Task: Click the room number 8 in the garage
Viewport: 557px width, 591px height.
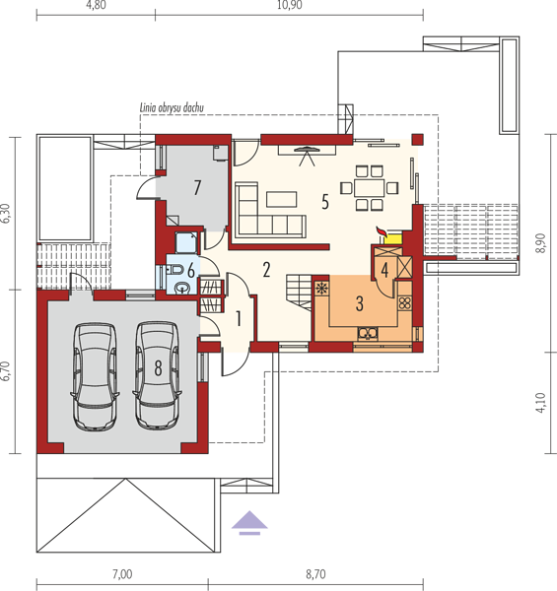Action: (158, 367)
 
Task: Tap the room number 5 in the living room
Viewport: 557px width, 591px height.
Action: (325, 202)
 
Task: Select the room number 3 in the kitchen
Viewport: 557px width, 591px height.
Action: (360, 303)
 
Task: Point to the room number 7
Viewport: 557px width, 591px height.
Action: (197, 187)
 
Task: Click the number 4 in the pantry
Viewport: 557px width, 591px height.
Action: (384, 270)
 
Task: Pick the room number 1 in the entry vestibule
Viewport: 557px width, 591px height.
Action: (239, 318)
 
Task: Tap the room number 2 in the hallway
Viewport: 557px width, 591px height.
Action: (266, 270)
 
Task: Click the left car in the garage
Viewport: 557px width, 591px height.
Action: (95, 376)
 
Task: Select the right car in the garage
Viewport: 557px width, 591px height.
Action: (157, 375)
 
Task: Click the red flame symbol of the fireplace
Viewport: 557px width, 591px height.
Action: (382, 231)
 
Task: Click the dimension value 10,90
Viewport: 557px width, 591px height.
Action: (289, 5)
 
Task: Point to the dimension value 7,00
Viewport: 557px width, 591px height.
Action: (122, 574)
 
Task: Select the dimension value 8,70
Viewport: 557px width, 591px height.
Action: (315, 574)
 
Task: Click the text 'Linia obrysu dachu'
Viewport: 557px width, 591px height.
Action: (172, 107)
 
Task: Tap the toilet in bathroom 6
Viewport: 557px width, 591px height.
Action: (174, 270)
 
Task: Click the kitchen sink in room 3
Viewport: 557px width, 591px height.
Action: (368, 333)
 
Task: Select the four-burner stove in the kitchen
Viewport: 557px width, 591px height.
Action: (404, 303)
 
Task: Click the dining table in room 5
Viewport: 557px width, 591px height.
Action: (369, 187)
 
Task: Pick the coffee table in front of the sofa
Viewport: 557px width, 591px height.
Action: (281, 199)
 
